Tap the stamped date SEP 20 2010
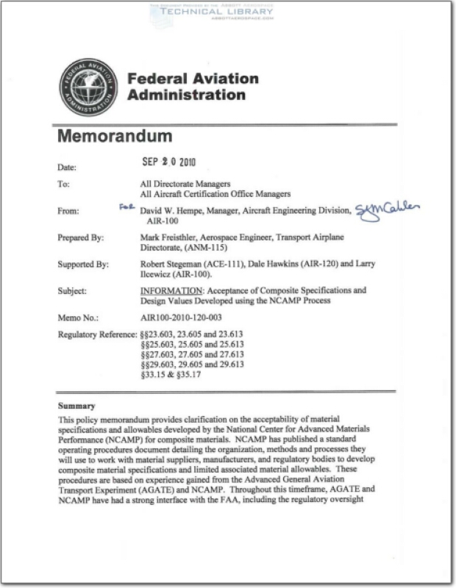click(x=168, y=162)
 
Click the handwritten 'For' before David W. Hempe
click(x=127, y=208)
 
